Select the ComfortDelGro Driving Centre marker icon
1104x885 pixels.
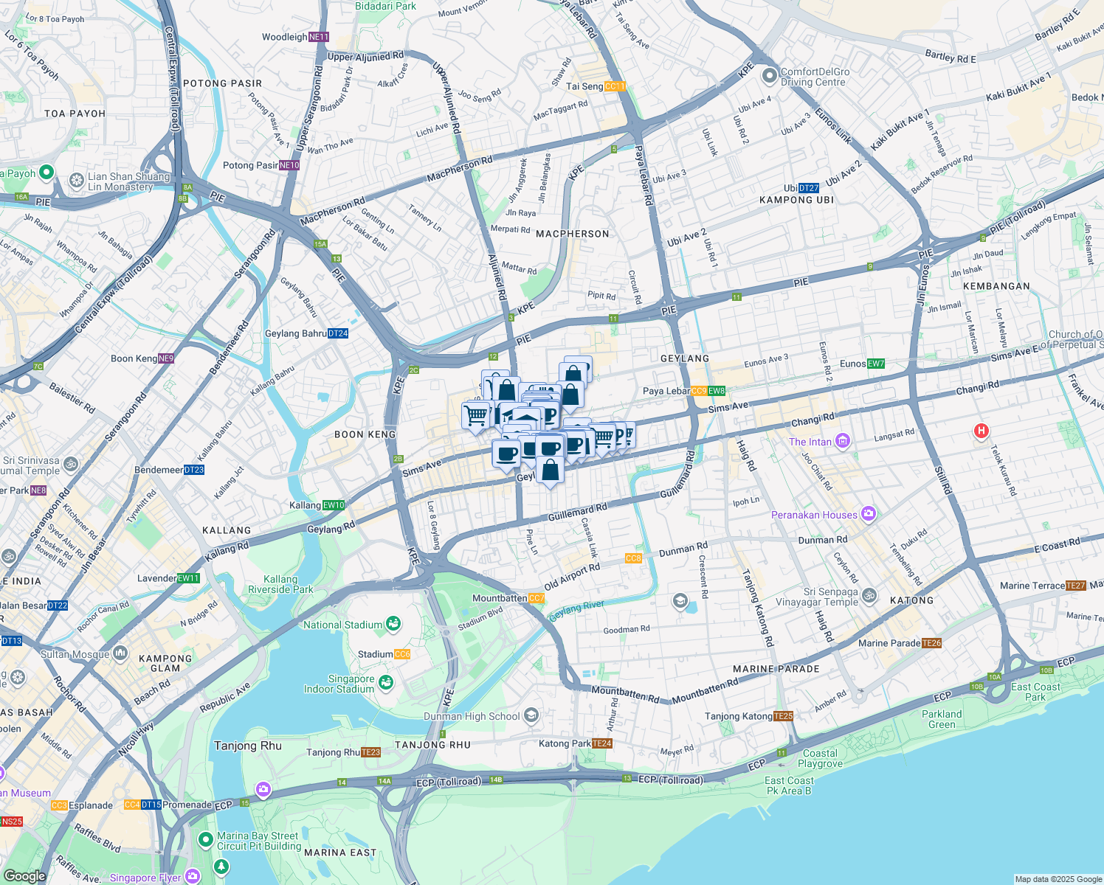tap(770, 75)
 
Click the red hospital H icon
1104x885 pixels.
tap(981, 431)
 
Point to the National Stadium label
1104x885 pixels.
tap(343, 625)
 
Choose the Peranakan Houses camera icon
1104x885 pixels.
tap(869, 514)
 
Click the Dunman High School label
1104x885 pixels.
tap(472, 716)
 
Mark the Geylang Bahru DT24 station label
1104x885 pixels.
tap(306, 333)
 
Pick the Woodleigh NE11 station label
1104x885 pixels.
tap(295, 37)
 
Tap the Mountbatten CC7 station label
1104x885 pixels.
tap(508, 598)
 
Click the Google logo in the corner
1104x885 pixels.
tap(25, 875)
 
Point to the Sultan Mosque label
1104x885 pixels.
tap(75, 654)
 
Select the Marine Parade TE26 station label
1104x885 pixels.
tap(900, 643)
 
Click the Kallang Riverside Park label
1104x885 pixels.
tap(280, 584)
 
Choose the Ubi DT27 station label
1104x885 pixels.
tap(801, 188)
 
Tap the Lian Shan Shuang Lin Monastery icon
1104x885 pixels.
tap(76, 180)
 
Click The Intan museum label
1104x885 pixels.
tap(810, 442)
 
